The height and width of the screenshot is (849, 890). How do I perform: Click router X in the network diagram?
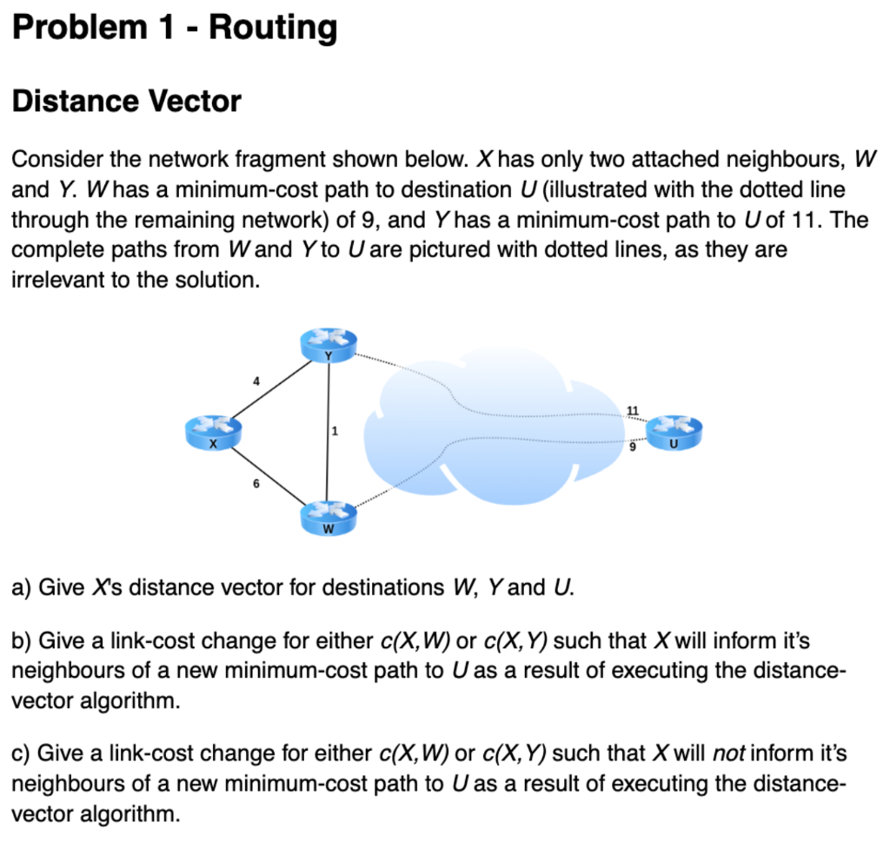pyautogui.click(x=213, y=431)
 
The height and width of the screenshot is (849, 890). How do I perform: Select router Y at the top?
pyautogui.click(x=328, y=346)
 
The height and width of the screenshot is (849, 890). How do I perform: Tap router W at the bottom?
pyautogui.click(x=328, y=519)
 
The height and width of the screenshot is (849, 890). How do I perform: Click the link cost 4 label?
pyautogui.click(x=256, y=380)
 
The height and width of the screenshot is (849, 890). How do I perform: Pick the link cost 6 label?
pyautogui.click(x=256, y=483)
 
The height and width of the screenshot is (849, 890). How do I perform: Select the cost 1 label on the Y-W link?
pyautogui.click(x=335, y=431)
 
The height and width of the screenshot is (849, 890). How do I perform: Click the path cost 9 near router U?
pyautogui.click(x=633, y=448)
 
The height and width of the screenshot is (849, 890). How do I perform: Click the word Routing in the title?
pyautogui.click(x=272, y=28)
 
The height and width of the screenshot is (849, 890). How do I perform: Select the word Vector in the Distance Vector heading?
pyautogui.click(x=196, y=102)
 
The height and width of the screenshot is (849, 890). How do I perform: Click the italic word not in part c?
pyautogui.click(x=729, y=752)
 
